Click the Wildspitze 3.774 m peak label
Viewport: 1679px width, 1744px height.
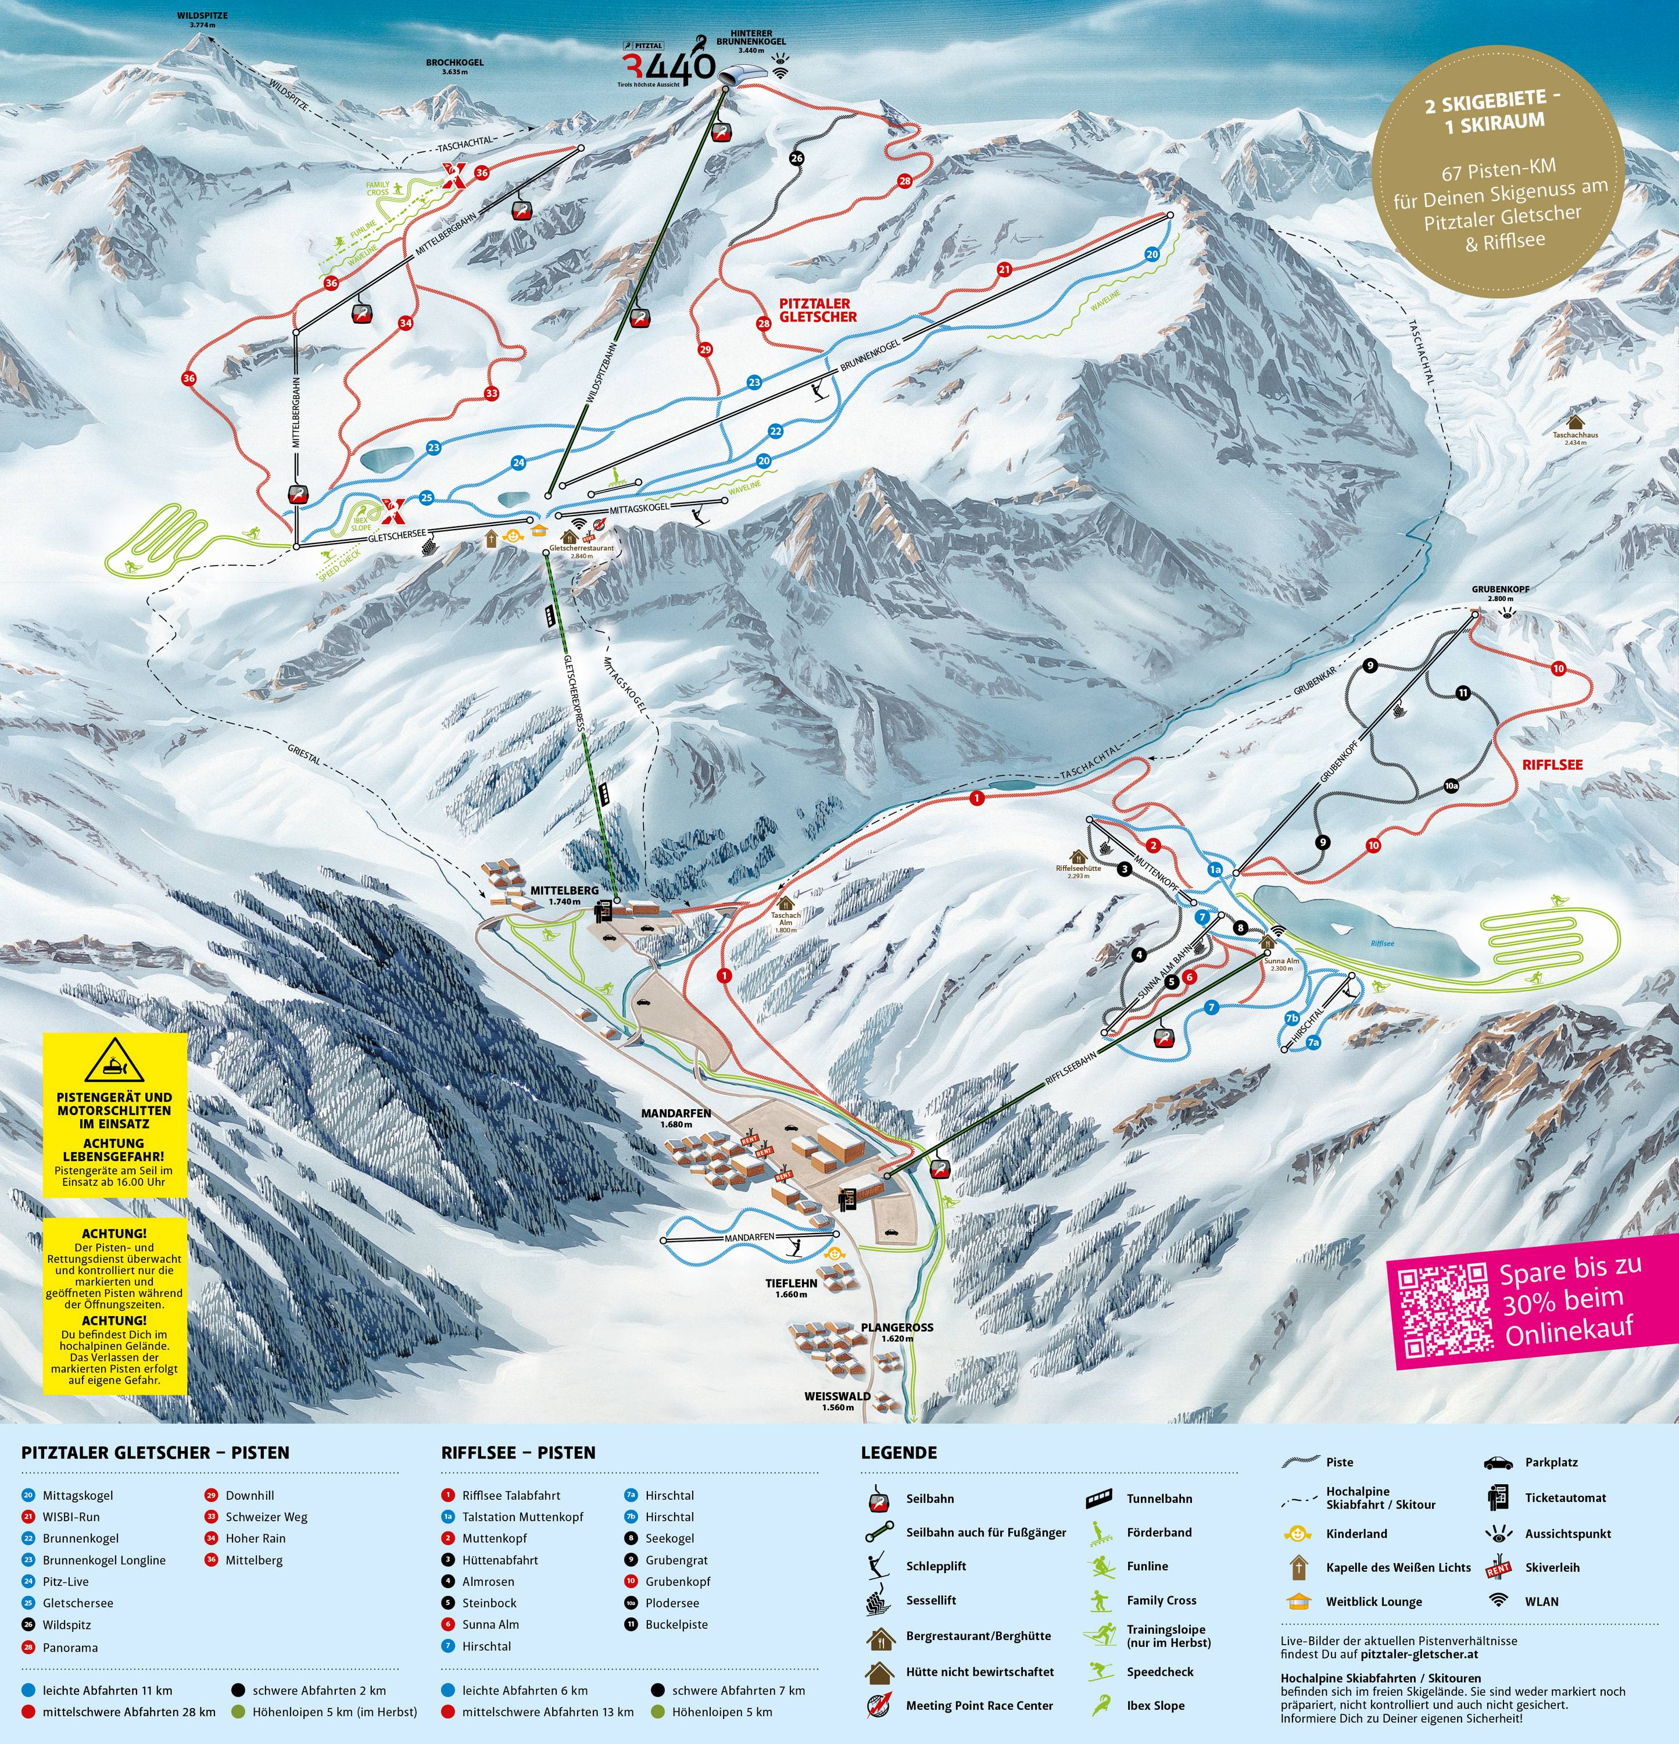[x=202, y=20]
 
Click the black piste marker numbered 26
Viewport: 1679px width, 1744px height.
[x=796, y=158]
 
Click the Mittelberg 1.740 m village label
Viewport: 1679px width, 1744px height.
[x=564, y=894]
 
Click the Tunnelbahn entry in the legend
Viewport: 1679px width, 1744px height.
[x=1158, y=1499]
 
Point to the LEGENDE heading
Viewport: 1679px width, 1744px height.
[x=898, y=1452]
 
